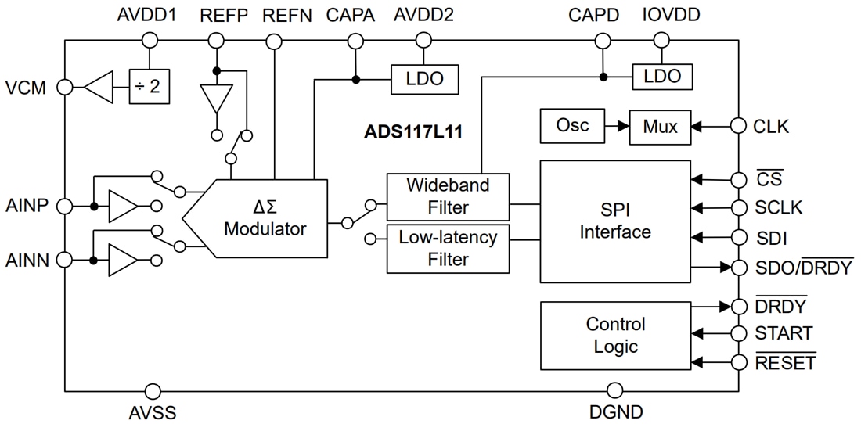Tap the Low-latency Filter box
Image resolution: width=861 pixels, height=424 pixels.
click(448, 248)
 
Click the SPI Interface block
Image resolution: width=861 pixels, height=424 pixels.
click(615, 221)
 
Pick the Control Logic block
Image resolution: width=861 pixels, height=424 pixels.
click(615, 336)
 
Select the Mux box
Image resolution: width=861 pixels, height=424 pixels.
click(660, 127)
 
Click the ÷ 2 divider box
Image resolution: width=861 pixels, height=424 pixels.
click(149, 87)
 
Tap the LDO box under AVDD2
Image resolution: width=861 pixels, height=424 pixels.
click(424, 79)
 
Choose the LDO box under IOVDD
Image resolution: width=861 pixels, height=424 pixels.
click(661, 77)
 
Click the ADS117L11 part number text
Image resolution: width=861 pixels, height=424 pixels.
click(413, 131)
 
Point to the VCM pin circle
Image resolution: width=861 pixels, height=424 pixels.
click(66, 88)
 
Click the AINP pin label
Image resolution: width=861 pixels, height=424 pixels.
click(27, 206)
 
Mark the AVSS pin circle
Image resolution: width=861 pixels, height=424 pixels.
click(153, 390)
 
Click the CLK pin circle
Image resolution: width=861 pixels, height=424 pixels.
click(738, 126)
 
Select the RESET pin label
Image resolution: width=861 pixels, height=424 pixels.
click(785, 363)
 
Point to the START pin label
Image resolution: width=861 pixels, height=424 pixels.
click(783, 334)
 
